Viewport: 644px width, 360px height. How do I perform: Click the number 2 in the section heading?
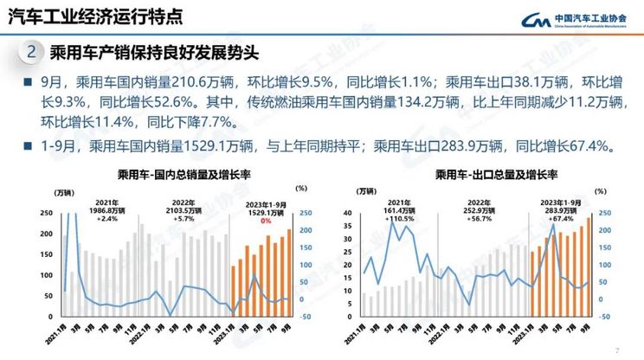32,53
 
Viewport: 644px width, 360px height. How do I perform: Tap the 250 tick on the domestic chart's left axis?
45,213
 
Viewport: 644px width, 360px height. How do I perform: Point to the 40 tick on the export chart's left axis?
350,213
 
